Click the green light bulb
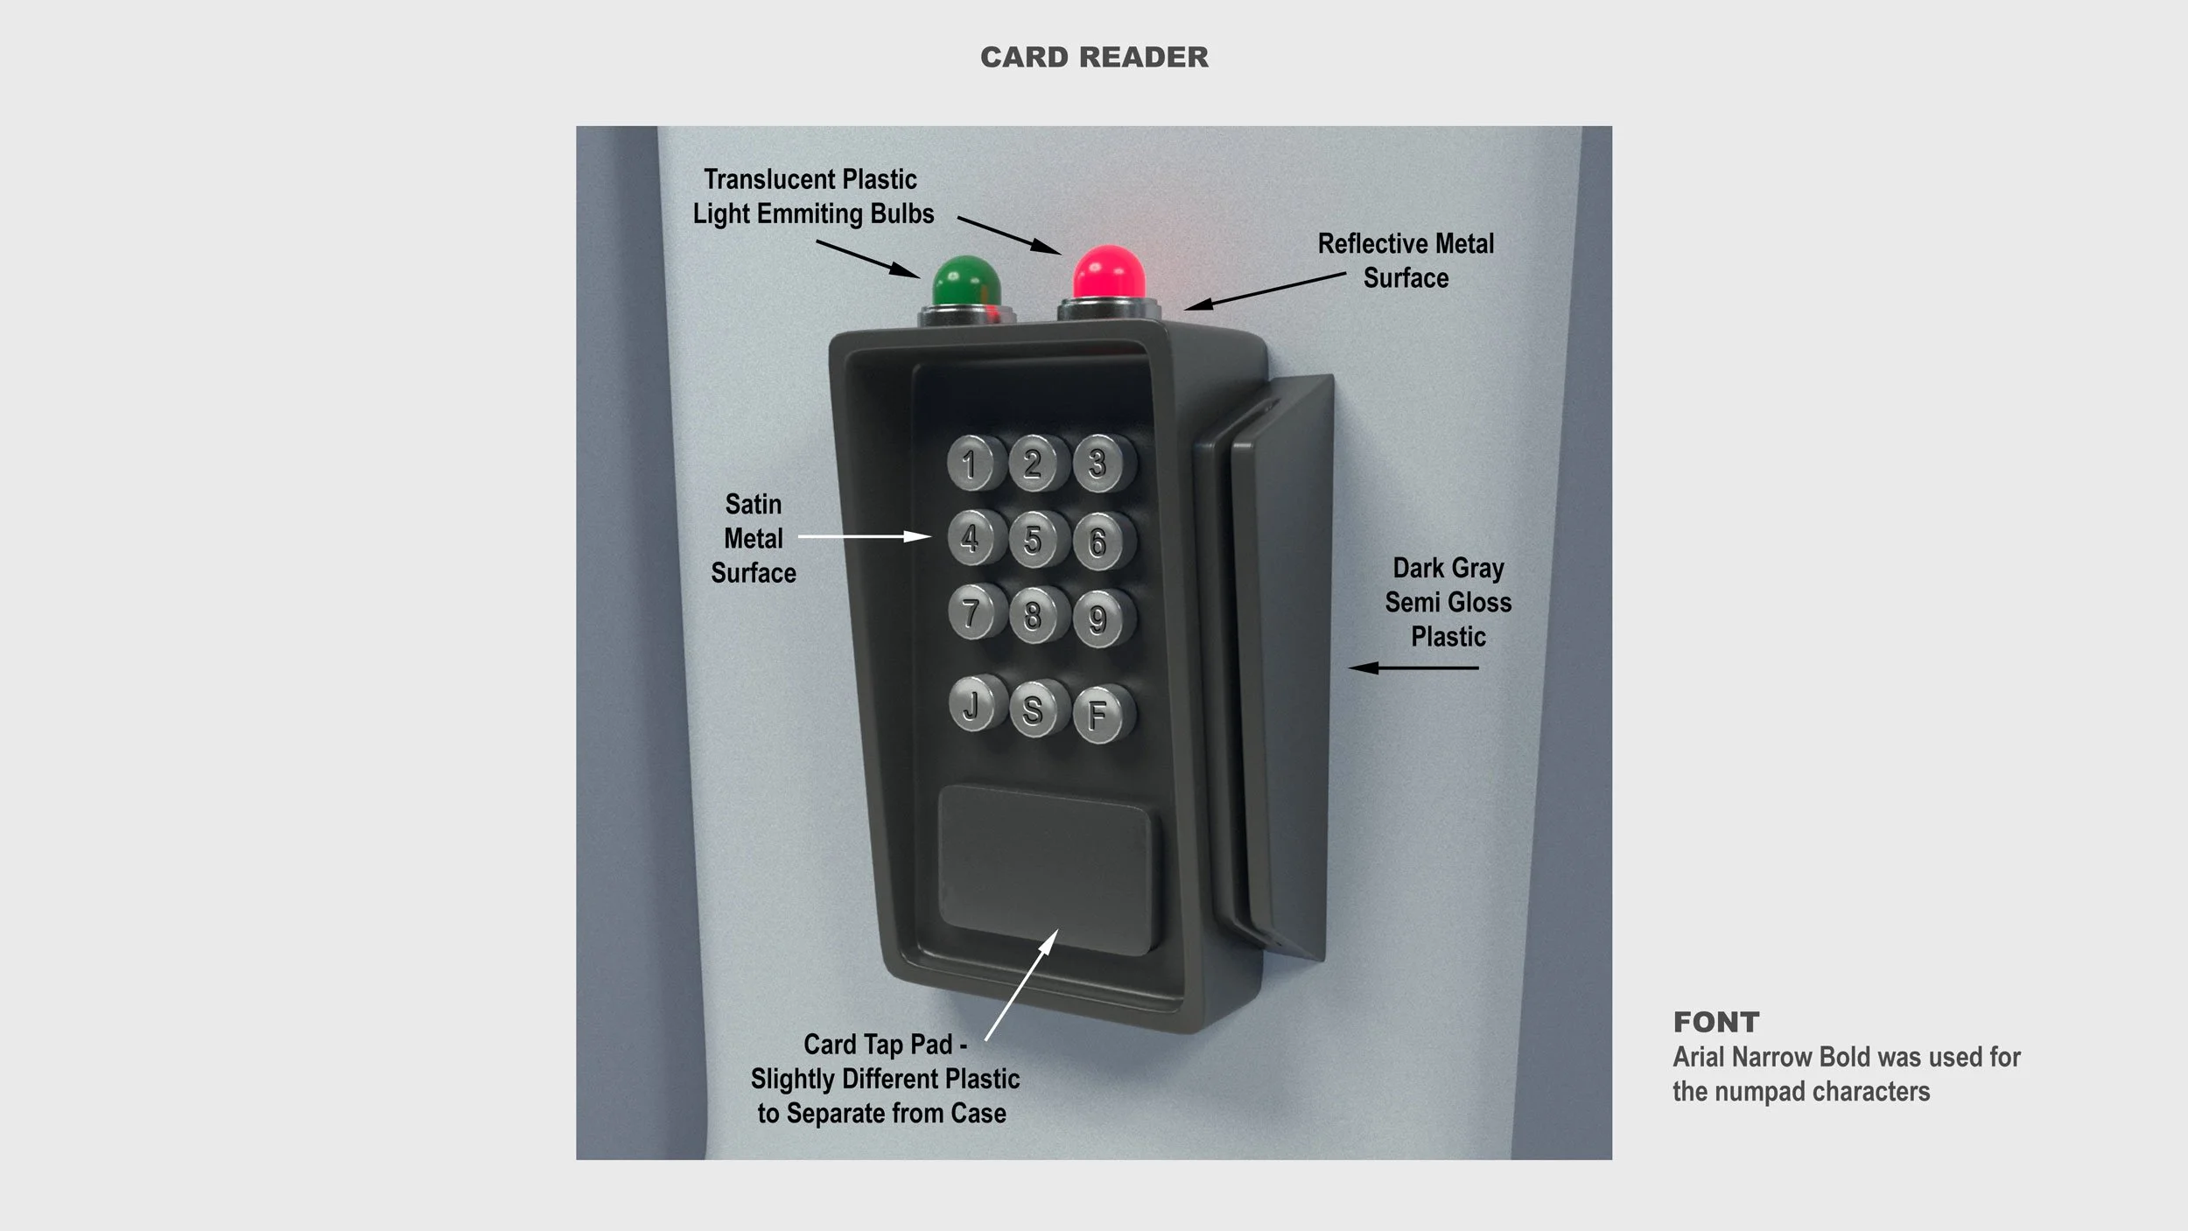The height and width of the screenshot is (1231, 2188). [x=965, y=282]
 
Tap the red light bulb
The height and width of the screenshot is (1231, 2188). [x=1109, y=272]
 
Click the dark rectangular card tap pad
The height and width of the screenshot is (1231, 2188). [x=1046, y=869]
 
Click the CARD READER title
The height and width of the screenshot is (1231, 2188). [x=1094, y=58]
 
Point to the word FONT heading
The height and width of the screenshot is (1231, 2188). [x=1715, y=1022]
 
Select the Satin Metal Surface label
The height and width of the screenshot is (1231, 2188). [x=754, y=538]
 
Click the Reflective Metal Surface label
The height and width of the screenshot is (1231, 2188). [x=1406, y=261]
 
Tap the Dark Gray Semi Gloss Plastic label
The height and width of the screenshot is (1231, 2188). [x=1448, y=602]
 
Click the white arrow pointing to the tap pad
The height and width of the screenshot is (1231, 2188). [x=1021, y=984]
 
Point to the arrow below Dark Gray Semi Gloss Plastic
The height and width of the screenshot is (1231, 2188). [x=1413, y=668]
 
